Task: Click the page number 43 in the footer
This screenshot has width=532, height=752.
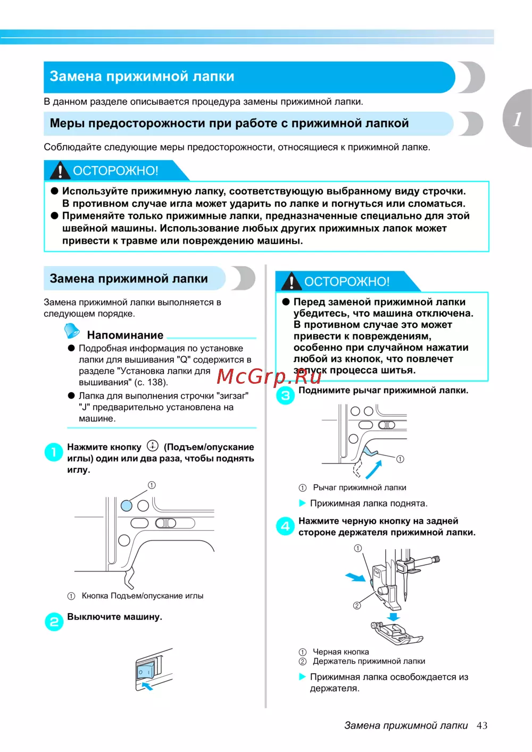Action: click(482, 725)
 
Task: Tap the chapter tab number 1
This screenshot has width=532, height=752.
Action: click(517, 118)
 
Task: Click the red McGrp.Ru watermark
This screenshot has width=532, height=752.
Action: click(269, 377)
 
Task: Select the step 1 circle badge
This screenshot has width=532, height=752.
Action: click(54, 453)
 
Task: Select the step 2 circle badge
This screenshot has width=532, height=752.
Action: click(54, 622)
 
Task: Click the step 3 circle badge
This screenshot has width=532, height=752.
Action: click(285, 395)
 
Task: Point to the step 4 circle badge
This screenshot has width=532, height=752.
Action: click(285, 526)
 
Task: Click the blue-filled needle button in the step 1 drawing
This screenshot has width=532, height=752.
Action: click(127, 506)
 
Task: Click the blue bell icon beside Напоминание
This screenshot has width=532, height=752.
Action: click(71, 331)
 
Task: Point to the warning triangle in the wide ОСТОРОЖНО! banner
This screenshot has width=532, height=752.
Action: click(60, 170)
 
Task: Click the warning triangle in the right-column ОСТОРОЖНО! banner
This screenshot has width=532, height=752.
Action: click(291, 281)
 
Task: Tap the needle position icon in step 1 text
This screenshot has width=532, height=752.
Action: click(153, 446)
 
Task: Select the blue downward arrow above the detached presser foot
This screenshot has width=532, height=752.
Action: click(393, 616)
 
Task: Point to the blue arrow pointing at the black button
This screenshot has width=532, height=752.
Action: click(355, 577)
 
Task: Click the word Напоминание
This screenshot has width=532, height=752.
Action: click(125, 335)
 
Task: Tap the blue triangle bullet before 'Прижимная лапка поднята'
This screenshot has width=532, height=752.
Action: click(303, 503)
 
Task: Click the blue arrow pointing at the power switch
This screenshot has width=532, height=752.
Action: click(146, 686)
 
